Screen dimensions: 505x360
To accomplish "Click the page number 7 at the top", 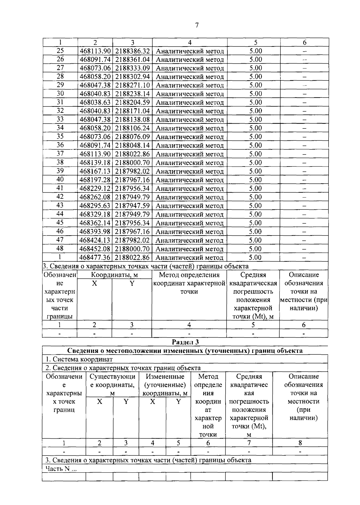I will click(x=197, y=25).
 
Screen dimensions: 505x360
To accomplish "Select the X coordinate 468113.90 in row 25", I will click(x=95, y=51).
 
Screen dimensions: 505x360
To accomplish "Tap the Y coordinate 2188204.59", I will click(x=132, y=103).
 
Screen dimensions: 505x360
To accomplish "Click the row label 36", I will click(x=60, y=145).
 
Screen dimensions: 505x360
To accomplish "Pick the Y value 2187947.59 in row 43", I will click(x=132, y=206).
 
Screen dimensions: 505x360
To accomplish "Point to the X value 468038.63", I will click(x=95, y=103).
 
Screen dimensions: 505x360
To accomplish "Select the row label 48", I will click(x=60, y=248).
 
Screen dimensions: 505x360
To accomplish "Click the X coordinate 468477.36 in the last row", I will click(x=95, y=257).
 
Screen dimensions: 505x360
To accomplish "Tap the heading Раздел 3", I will click(x=185, y=342).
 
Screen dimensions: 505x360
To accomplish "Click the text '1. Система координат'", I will click(x=79, y=359).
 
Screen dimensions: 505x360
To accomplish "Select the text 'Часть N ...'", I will click(x=61, y=469).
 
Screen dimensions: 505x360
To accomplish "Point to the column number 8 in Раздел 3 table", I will click(x=300, y=443).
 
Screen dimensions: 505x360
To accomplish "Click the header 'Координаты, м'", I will click(x=114, y=275).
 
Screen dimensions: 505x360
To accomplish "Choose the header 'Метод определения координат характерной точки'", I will click(x=189, y=283).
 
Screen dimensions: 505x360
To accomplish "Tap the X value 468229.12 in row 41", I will click(x=95, y=189).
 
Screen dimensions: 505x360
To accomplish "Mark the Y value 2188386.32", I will click(x=132, y=51).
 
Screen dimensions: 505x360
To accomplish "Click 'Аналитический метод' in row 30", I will click(x=190, y=94).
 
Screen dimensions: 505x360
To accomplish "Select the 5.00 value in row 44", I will click(x=256, y=214).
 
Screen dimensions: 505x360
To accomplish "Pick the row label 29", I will click(x=60, y=85).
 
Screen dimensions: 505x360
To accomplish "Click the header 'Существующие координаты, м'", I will click(x=112, y=385).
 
